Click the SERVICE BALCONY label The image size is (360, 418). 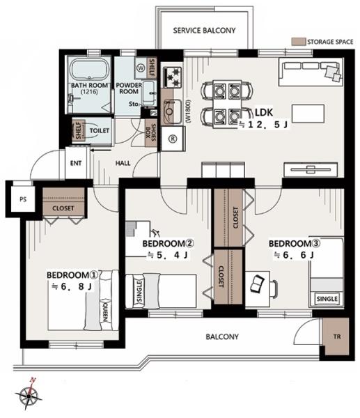click(x=204, y=31)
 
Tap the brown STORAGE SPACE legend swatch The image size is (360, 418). click(x=298, y=42)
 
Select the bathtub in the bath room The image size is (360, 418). click(x=90, y=69)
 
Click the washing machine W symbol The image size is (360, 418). click(x=141, y=68)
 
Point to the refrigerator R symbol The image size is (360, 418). click(x=173, y=139)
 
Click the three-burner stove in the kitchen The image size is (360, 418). click(x=173, y=77)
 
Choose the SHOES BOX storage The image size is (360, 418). click(x=151, y=132)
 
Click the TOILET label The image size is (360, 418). click(x=99, y=131)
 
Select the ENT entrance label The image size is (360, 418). click(x=76, y=163)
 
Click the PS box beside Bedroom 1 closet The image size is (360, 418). click(x=23, y=199)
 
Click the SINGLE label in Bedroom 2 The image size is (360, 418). click(x=139, y=292)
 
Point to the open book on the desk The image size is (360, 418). click(x=257, y=284)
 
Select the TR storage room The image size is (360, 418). click(x=336, y=336)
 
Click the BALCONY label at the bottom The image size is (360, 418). click(x=222, y=336)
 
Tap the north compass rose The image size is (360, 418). click(x=29, y=395)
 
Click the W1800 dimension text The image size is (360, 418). click(x=189, y=111)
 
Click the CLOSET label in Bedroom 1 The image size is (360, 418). click(x=63, y=208)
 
